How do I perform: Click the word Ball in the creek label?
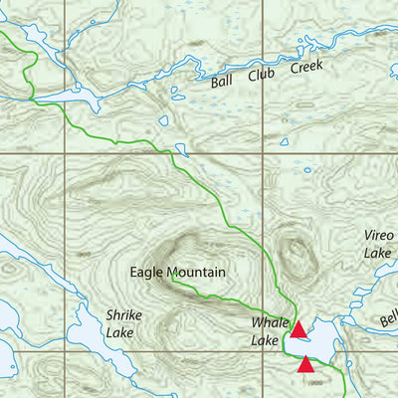pos(223,83)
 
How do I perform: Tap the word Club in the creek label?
pos(259,76)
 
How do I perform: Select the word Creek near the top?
pos(306,68)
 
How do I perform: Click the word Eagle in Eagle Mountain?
pos(145,272)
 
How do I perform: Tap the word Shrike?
pos(123,315)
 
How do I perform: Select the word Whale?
pos(268,323)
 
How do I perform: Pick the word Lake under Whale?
pos(264,340)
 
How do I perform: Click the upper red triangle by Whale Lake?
pos(298,327)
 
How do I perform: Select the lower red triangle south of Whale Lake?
pos(306,365)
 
